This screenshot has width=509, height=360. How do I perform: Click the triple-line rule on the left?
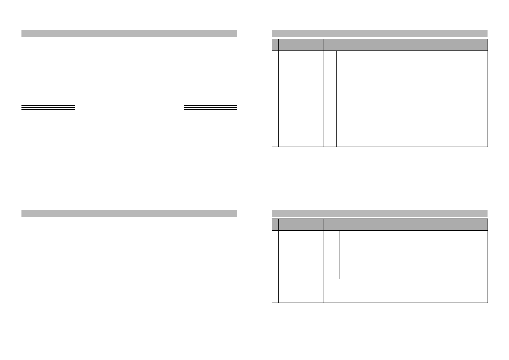click(48, 107)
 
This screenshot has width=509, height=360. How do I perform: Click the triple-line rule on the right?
click(210, 107)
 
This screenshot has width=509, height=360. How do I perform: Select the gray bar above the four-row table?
click(379, 33)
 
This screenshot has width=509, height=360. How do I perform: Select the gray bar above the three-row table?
click(379, 213)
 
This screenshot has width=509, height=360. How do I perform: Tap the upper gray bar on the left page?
click(129, 33)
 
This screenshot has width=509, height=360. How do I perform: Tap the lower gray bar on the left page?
click(129, 213)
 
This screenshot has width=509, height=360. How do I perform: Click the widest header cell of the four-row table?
click(393, 45)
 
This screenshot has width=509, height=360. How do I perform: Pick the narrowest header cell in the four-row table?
click(275, 45)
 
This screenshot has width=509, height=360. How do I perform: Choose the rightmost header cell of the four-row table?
click(475, 45)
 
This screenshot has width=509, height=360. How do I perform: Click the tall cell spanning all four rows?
click(330, 99)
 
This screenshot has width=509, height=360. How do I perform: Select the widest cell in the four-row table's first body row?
click(400, 63)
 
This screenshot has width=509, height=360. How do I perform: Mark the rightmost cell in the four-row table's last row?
click(475, 135)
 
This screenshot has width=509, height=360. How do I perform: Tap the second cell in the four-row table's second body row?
click(301, 87)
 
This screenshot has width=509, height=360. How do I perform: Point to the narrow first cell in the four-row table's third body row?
click(275, 111)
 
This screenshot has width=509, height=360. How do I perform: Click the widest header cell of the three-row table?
click(393, 225)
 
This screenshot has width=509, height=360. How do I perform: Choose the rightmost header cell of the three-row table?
click(475, 225)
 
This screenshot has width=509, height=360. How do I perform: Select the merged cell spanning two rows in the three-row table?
click(331, 255)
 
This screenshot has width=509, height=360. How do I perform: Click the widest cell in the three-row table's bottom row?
click(393, 290)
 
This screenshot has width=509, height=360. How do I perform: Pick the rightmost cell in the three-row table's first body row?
click(475, 243)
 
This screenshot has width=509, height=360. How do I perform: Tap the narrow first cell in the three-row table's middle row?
click(275, 267)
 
